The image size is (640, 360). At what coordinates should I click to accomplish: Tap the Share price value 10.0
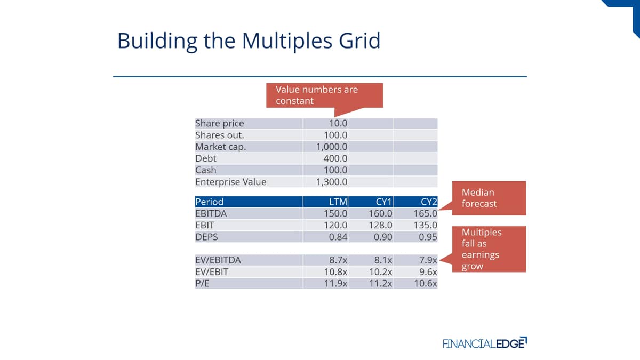338,123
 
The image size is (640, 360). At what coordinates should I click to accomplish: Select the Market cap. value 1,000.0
332,147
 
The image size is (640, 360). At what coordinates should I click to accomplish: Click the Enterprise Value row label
231,182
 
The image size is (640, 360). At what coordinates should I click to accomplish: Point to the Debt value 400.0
335,158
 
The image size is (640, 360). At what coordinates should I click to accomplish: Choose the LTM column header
338,202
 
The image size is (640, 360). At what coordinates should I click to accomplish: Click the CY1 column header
383,202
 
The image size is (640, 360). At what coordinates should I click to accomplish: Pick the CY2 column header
429,202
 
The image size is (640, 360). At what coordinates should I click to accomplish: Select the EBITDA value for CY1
380,214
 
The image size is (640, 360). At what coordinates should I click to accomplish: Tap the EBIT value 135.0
426,226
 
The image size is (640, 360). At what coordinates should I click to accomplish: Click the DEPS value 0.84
338,237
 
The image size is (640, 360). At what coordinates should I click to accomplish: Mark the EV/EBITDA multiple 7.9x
428,260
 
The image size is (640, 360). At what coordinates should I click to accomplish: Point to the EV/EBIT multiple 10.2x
381,272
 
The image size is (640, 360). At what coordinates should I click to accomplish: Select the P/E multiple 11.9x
335,284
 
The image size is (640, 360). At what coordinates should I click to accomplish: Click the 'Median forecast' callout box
489,198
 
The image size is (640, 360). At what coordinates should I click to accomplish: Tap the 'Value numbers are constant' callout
325,95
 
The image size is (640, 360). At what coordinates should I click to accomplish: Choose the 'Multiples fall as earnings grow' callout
489,249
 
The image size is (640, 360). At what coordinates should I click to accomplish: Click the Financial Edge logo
485,343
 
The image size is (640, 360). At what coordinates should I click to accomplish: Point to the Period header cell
249,202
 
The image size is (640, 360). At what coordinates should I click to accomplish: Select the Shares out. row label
220,135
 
